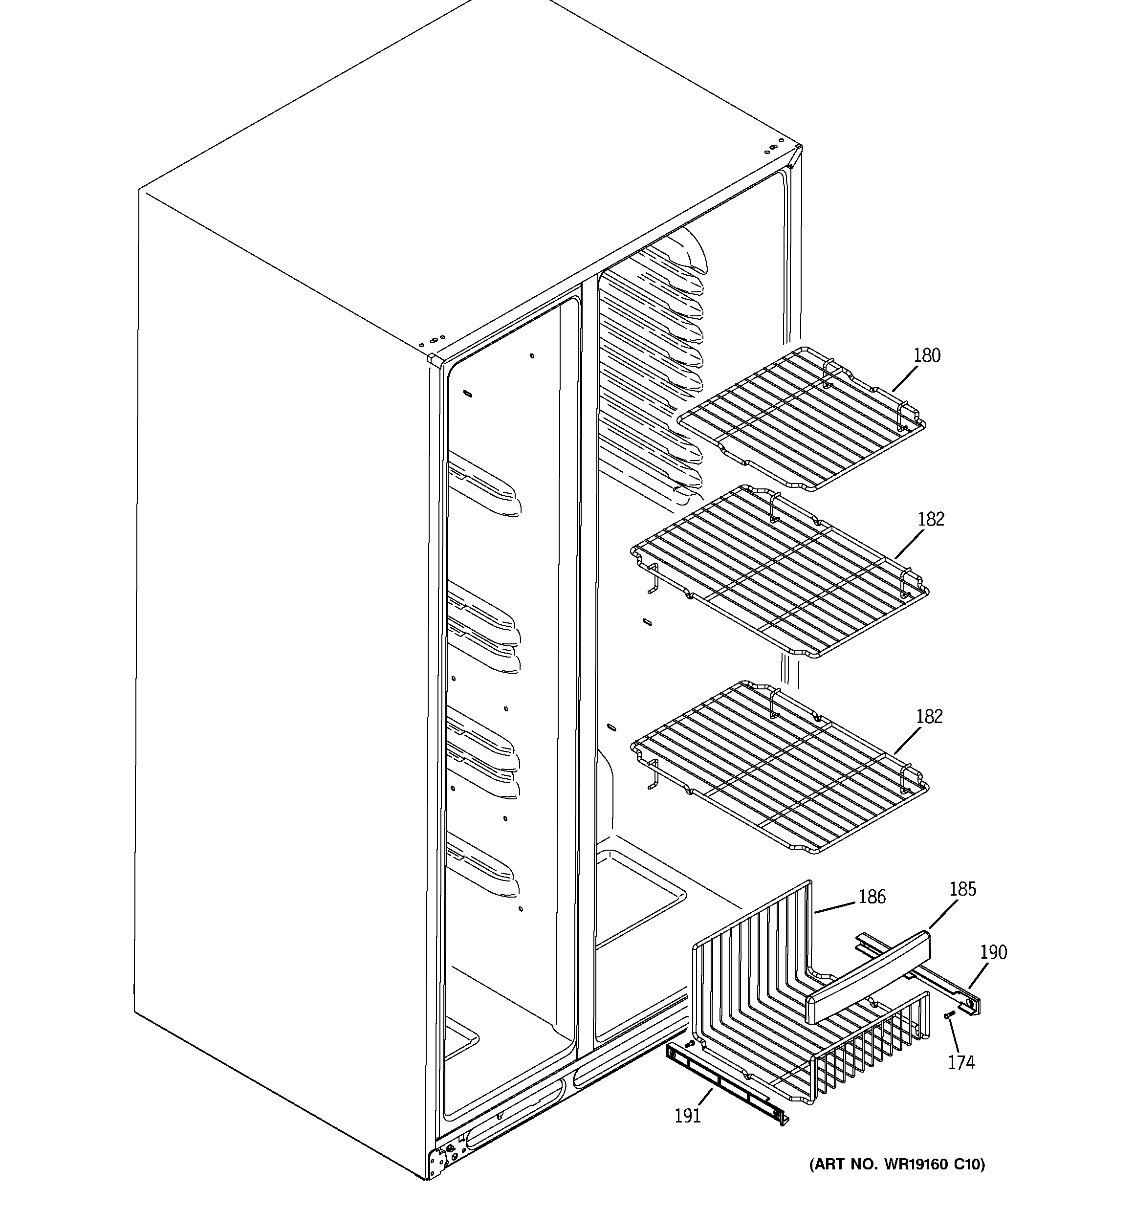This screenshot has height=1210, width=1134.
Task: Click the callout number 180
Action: (x=926, y=355)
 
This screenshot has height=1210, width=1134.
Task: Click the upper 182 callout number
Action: (x=931, y=519)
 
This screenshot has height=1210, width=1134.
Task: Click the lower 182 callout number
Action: (x=929, y=716)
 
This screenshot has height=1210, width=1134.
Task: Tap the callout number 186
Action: (x=872, y=897)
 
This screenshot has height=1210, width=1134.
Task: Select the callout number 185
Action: (x=962, y=889)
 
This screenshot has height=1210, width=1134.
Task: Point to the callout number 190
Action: (x=993, y=952)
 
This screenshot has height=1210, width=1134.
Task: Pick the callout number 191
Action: (x=687, y=1116)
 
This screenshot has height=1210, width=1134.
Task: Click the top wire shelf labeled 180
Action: (x=804, y=420)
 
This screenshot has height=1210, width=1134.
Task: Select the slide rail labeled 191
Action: (x=724, y=1086)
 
